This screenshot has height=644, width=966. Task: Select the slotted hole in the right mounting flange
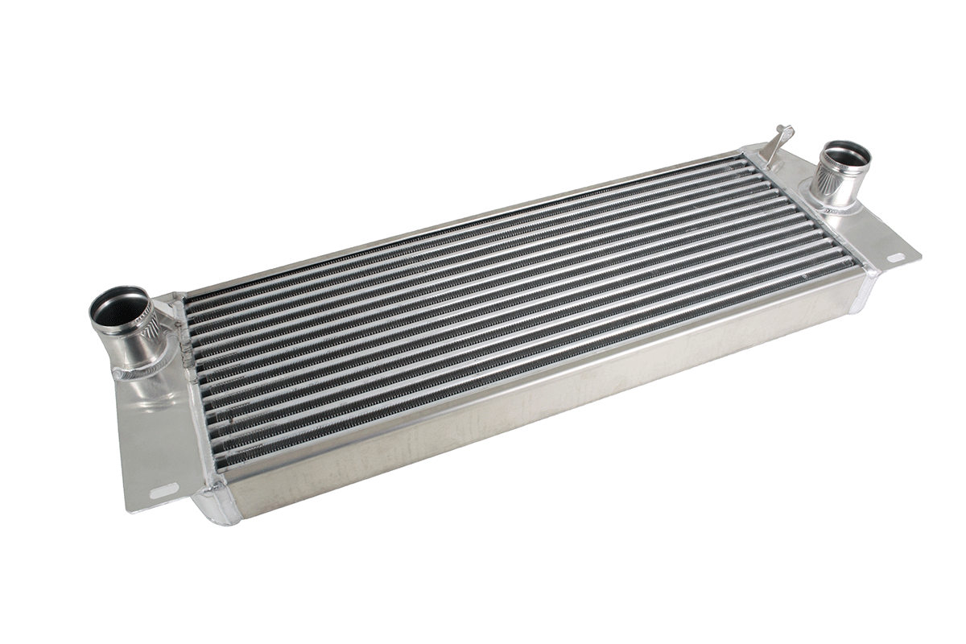894,258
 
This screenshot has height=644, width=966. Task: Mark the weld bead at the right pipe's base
837,208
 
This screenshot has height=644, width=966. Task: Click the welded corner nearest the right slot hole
871,270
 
